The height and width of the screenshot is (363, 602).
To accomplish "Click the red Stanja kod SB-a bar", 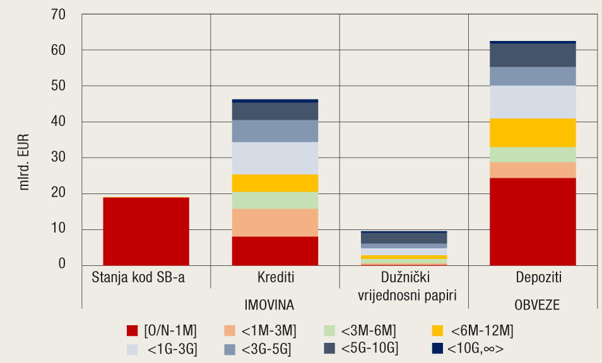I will (x=146, y=231).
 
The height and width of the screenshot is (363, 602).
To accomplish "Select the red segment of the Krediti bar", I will (x=274, y=251).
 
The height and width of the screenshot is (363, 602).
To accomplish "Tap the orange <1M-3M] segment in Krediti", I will (x=274, y=222).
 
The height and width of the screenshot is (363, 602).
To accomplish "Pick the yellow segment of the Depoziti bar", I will (x=533, y=132).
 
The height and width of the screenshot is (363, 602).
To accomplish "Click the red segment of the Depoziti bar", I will (x=533, y=222).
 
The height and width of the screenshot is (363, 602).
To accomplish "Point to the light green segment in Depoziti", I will (x=533, y=154).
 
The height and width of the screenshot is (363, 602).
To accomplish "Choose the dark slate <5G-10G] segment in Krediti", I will (x=274, y=111).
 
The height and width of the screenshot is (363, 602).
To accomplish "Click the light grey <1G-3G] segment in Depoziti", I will (x=533, y=101).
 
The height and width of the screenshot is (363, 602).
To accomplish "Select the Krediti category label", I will (x=275, y=277).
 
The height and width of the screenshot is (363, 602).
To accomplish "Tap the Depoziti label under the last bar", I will (x=533, y=277).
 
